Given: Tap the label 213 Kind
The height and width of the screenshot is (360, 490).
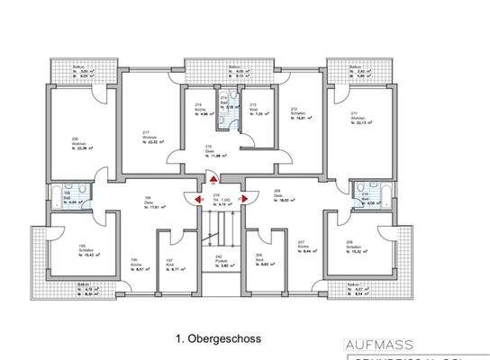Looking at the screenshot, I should [254, 111].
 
